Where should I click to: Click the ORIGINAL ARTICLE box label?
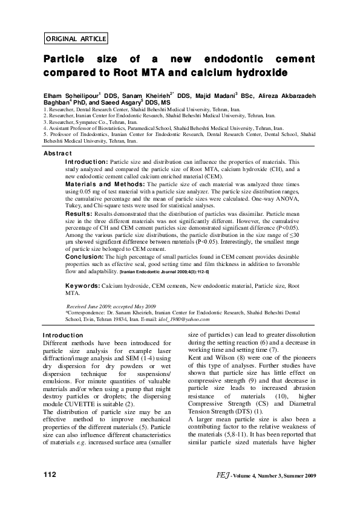pyautogui.click(x=76, y=39)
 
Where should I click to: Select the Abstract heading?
pyautogui.click(x=60, y=154)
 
